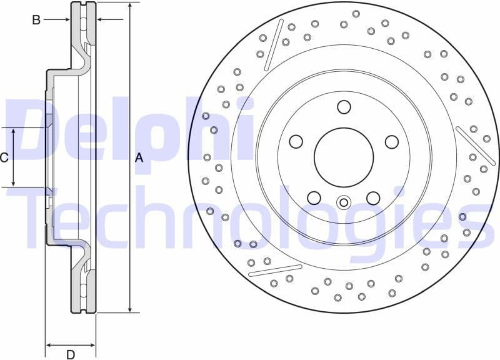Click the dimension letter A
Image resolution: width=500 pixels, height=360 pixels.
139,158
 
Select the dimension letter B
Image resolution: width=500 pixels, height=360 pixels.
36,20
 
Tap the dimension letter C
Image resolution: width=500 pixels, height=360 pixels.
4,157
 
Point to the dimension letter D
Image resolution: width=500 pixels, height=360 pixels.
71,354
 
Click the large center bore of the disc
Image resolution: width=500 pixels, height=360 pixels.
343,157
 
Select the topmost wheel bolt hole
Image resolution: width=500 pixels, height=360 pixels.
344,107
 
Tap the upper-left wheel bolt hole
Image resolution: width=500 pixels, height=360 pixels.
296,142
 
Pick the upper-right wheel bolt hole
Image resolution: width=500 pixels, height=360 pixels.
391,142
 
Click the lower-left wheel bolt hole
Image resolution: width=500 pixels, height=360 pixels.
314,198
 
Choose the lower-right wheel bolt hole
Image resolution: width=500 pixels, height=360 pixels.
373,198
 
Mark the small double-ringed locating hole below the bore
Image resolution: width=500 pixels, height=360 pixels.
343,202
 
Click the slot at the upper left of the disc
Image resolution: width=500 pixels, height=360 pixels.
271,50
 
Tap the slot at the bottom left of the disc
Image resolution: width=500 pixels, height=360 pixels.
271,270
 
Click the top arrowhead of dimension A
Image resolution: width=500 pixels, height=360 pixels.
129,6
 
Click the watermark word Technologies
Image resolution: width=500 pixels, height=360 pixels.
244,216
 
